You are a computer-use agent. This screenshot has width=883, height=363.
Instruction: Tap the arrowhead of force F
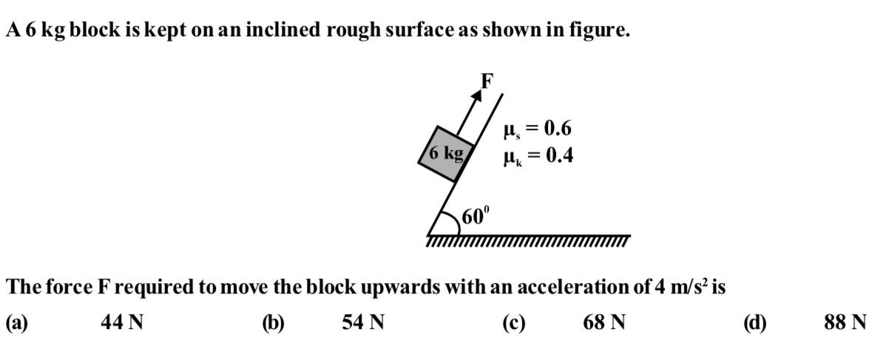[478, 95]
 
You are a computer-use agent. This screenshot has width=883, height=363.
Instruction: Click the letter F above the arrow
[487, 81]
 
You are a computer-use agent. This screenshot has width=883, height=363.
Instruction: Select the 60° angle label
[476, 216]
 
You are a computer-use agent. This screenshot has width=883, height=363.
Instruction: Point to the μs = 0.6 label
[537, 129]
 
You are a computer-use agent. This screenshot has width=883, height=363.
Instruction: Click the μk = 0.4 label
[538, 155]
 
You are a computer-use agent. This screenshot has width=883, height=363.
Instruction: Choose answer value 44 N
[121, 322]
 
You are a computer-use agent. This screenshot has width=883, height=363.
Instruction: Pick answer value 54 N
[363, 322]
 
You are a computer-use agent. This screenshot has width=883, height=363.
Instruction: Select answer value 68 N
[604, 322]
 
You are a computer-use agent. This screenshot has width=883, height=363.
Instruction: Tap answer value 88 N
[845, 322]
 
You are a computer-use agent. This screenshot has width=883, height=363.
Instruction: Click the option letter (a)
[17, 323]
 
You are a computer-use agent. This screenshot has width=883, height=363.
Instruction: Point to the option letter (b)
[274, 323]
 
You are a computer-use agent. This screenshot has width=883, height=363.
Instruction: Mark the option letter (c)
[514, 323]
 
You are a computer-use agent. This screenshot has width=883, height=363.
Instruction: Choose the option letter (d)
[755, 323]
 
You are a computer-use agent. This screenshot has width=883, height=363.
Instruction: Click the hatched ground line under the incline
[528, 240]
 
